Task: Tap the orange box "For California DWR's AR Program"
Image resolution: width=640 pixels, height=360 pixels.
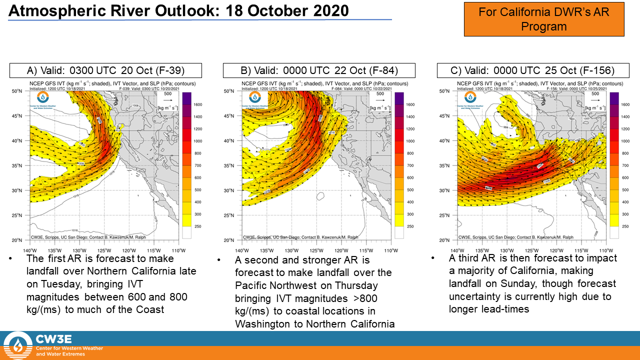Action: point(544,19)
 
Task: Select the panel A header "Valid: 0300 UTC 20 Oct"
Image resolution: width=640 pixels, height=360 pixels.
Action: point(105,70)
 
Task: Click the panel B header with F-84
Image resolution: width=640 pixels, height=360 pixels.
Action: point(319,70)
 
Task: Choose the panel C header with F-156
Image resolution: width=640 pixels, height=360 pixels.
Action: point(532,70)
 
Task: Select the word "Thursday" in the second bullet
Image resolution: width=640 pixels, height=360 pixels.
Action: point(356,285)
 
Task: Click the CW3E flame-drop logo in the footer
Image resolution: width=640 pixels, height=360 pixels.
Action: point(18,345)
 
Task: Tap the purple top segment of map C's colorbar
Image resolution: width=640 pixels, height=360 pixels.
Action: point(614,98)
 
